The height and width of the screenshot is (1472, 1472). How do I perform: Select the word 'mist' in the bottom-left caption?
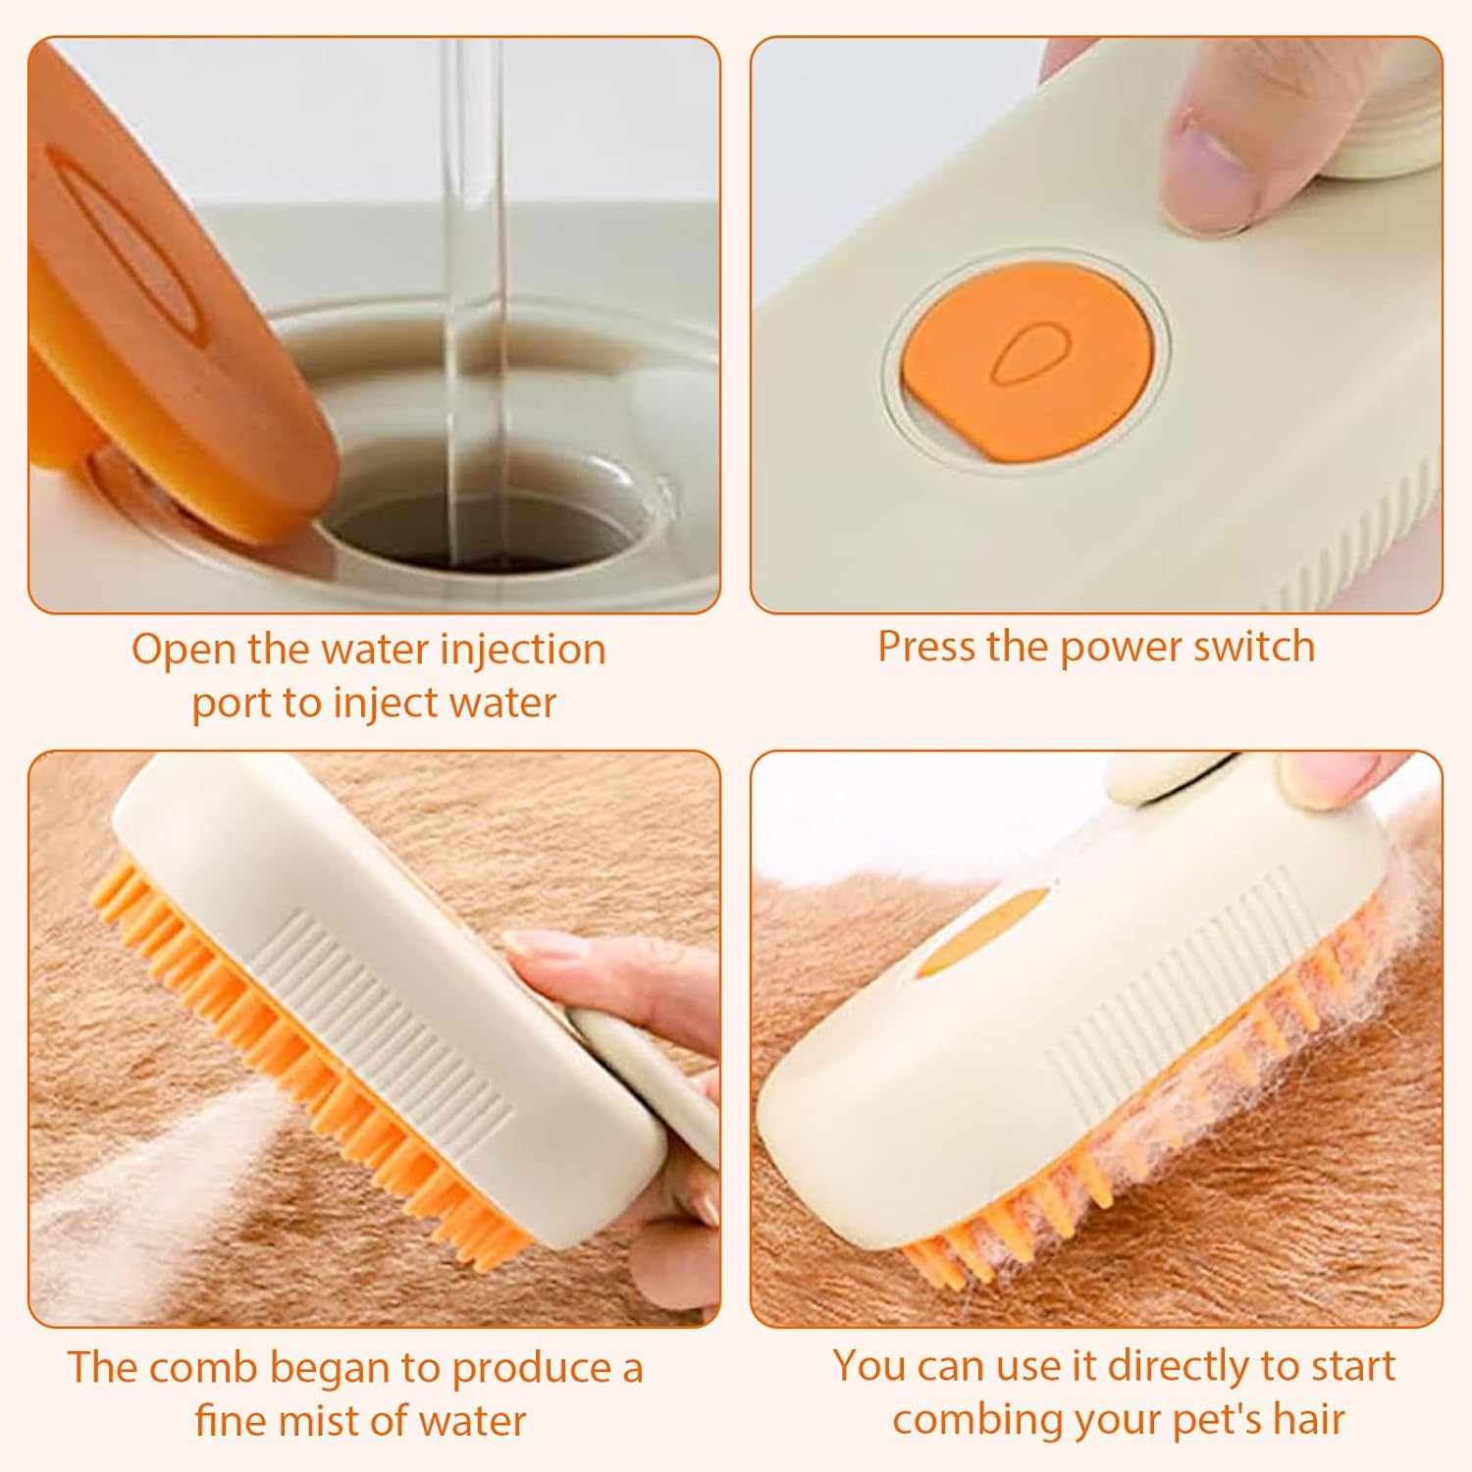click(334, 1420)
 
